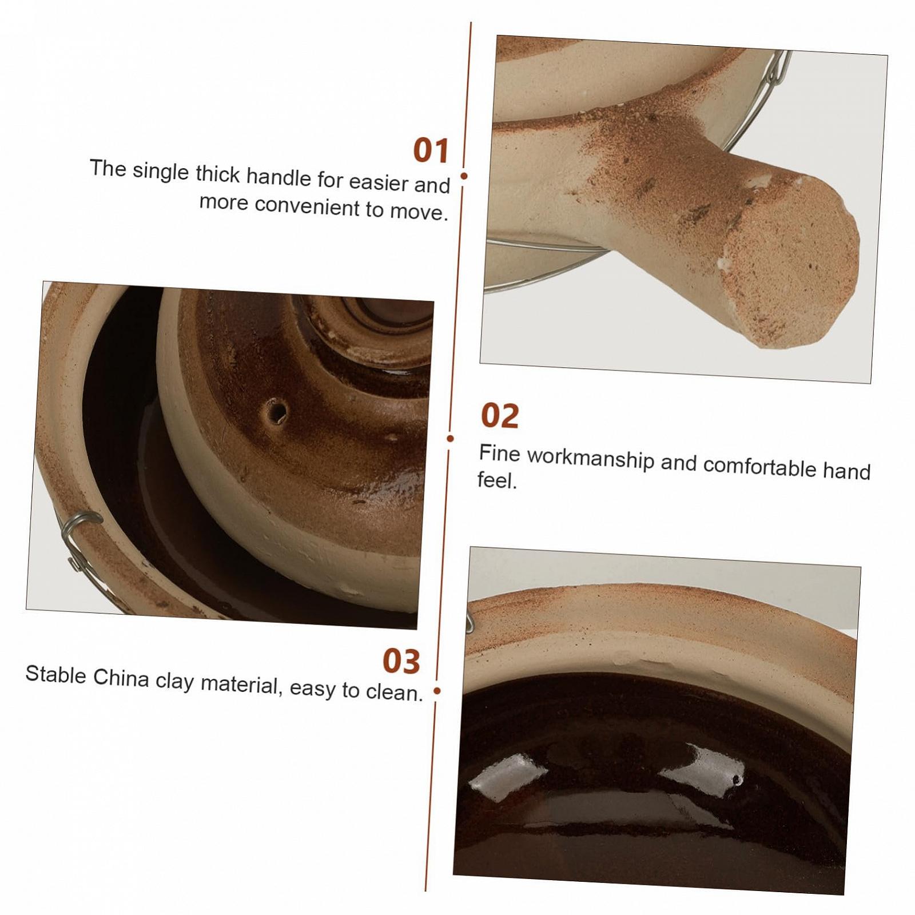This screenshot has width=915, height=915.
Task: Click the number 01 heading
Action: (431, 150)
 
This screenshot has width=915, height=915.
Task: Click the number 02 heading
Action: (500, 416)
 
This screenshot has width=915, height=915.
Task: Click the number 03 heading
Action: (401, 661)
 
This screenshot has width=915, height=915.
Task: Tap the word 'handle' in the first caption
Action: (279, 177)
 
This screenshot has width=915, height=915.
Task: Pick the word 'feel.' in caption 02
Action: (497, 480)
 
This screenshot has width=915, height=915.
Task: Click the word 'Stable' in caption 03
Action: (55, 674)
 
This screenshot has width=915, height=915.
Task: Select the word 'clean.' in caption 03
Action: (394, 692)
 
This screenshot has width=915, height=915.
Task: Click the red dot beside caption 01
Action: (464, 176)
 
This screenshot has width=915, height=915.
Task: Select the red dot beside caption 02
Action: (450, 439)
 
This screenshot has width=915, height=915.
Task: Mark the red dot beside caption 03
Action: (437, 691)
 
